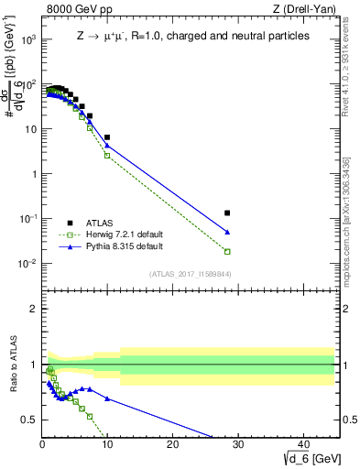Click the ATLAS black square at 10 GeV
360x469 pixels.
pyautogui.click(x=107, y=137)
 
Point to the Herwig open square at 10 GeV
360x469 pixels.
pyautogui.click(x=107, y=155)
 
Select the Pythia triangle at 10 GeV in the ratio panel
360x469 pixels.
pyautogui.click(x=107, y=398)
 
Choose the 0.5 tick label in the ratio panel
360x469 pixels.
pyautogui.click(x=29, y=420)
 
